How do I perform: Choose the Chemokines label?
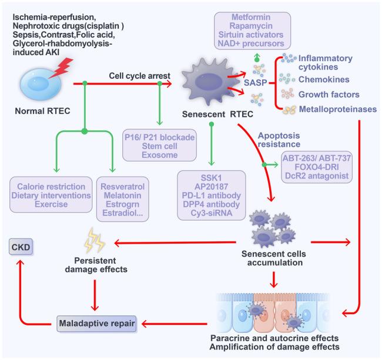(x=324, y=78)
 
